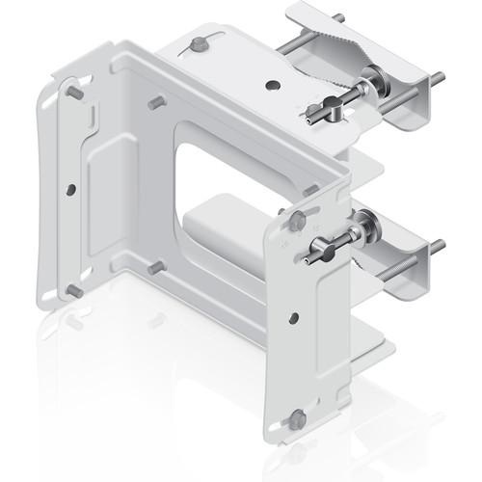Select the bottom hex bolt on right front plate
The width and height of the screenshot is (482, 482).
click(x=298, y=419)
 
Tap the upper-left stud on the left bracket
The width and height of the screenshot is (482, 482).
click(x=73, y=93)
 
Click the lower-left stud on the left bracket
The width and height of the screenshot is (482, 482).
click(x=73, y=289)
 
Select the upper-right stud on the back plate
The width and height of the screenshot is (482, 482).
click(x=154, y=101)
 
